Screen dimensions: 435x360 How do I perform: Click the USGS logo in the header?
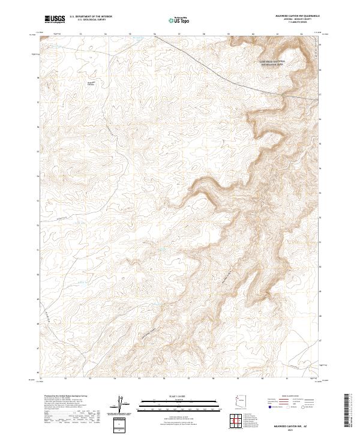[53, 19]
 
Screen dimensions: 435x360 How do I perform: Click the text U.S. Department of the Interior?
[91, 17]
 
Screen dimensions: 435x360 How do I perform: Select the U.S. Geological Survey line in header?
[88, 20]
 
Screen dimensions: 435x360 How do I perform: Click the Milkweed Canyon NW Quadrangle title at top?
[292, 17]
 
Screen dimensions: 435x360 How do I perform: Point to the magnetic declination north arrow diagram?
[121, 405]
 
